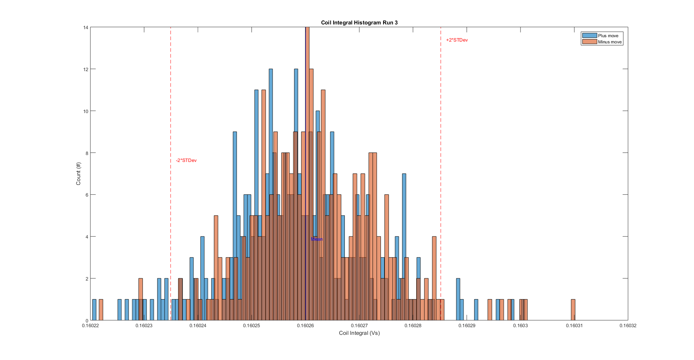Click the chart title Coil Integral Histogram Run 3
[x=359, y=23]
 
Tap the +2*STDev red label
[x=457, y=40]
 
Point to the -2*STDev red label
[x=186, y=160]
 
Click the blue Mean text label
[x=316, y=239]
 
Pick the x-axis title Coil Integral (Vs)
[x=359, y=333]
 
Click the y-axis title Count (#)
[x=78, y=174]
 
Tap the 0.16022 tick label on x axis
[x=90, y=325]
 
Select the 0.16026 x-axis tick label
[x=305, y=325]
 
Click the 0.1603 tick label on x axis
[x=520, y=325]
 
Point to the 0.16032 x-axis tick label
[x=628, y=325]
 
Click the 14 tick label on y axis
[x=86, y=27]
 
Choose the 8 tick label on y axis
[x=87, y=153]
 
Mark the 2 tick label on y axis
[x=87, y=279]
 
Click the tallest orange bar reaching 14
[x=307, y=109]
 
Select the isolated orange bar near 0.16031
[x=573, y=310]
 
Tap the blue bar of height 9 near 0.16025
[x=235, y=182]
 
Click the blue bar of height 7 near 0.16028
[x=404, y=219]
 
